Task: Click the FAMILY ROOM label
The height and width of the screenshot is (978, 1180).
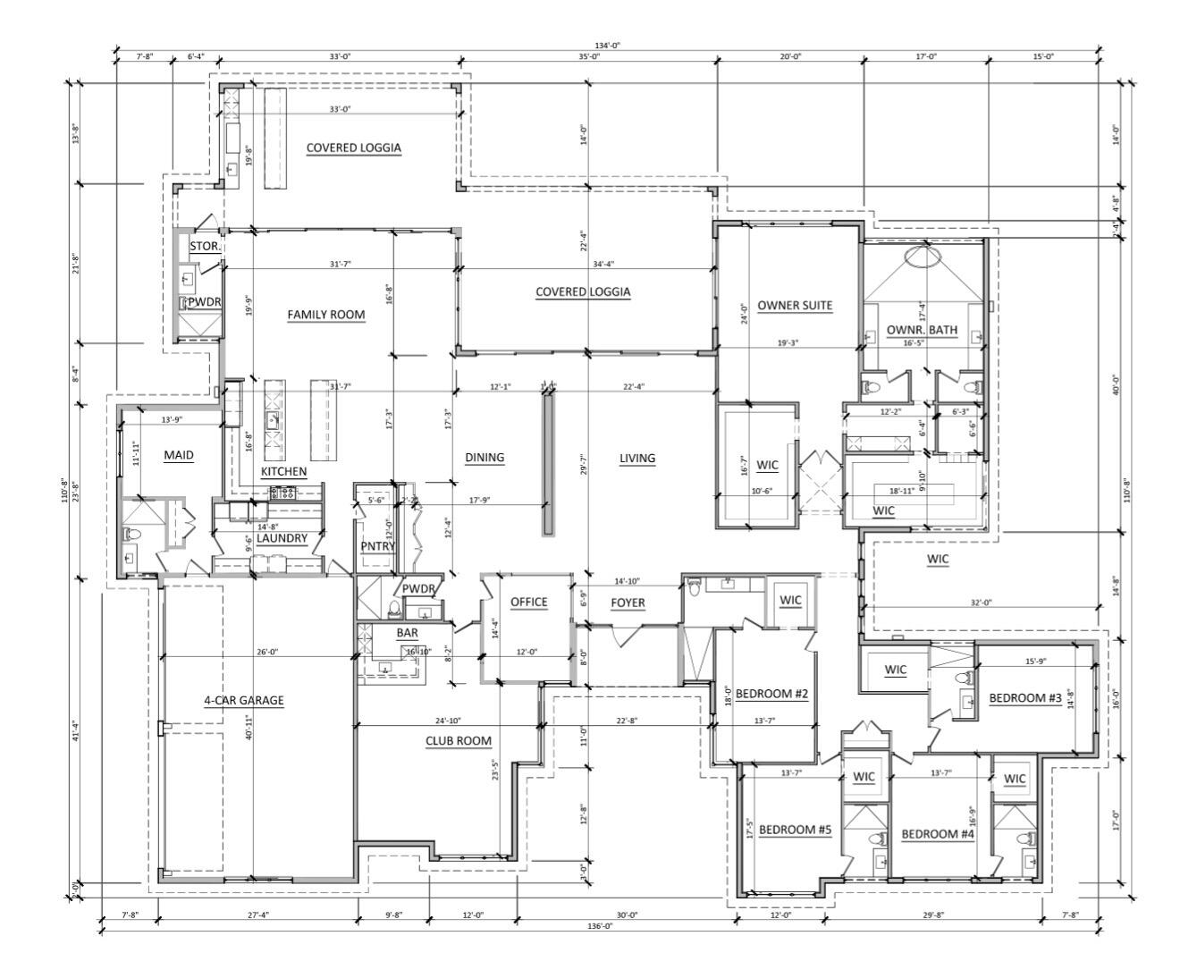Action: click(325, 315)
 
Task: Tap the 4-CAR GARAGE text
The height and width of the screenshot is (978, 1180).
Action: click(243, 700)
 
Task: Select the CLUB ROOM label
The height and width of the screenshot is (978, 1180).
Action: click(458, 741)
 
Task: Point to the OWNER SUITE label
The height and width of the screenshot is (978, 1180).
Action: click(795, 306)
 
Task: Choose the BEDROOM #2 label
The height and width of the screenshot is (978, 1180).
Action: click(771, 694)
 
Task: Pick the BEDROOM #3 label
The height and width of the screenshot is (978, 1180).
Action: click(1024, 697)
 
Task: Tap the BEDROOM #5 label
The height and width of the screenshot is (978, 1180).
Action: click(795, 830)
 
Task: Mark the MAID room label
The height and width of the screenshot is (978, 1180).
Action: click(179, 455)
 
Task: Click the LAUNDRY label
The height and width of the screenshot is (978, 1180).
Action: click(282, 538)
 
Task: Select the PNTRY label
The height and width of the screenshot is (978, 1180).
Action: click(378, 546)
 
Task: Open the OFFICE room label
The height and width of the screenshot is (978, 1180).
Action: click(528, 602)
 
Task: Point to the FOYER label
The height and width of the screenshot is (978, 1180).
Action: click(628, 603)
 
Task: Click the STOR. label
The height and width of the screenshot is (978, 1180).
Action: click(205, 245)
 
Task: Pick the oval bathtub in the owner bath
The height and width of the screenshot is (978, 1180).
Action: click(922, 257)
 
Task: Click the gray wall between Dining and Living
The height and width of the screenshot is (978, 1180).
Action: click(548, 465)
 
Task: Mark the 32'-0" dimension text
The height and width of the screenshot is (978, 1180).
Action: click(982, 603)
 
